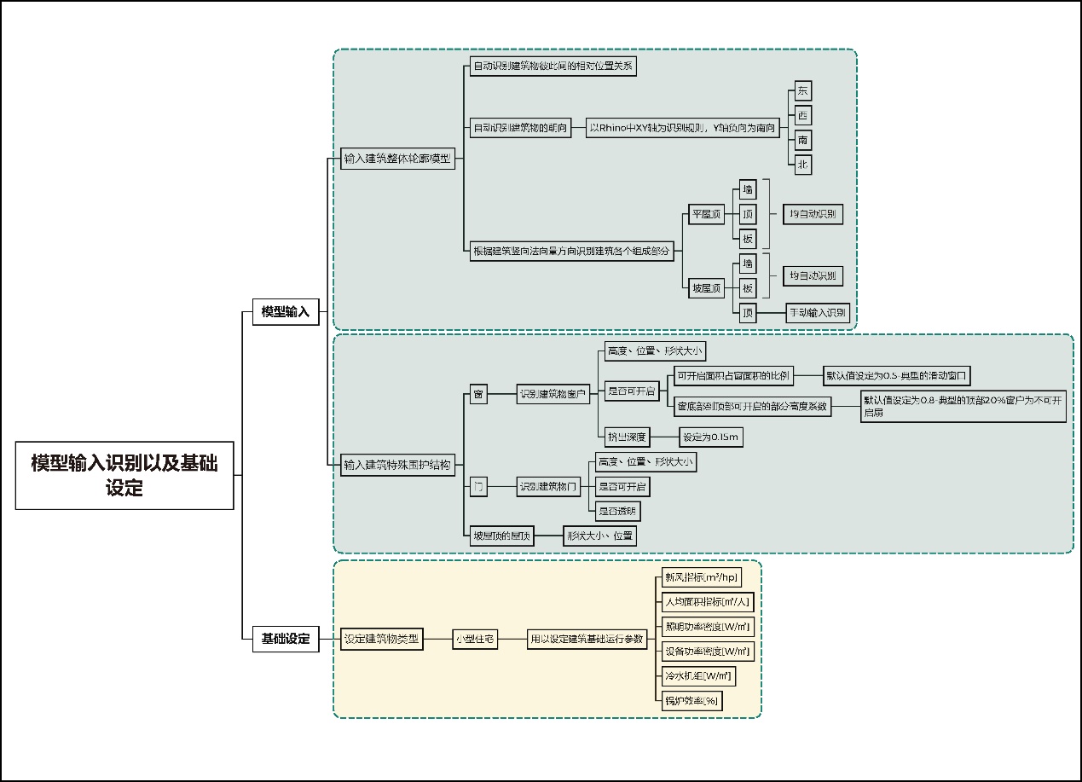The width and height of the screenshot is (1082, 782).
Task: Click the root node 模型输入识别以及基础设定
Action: pyautogui.click(x=124, y=475)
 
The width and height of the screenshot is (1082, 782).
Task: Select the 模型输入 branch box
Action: pyautogui.click(x=285, y=312)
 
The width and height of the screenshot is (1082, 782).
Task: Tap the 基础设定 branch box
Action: pyautogui.click(x=285, y=639)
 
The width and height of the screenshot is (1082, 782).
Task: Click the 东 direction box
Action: pyautogui.click(x=802, y=91)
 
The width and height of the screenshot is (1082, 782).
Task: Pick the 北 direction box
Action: pyautogui.click(x=802, y=165)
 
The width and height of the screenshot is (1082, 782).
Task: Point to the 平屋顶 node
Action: pyautogui.click(x=706, y=214)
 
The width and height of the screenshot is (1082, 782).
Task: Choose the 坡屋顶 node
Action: pyautogui.click(x=706, y=288)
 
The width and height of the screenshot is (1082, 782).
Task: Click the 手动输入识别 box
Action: pyautogui.click(x=817, y=313)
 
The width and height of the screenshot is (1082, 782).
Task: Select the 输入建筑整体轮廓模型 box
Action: pyautogui.click(x=397, y=159)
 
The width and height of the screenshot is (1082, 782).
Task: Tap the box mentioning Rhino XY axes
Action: pyautogui.click(x=683, y=129)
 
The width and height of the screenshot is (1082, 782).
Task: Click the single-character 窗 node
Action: pyautogui.click(x=478, y=394)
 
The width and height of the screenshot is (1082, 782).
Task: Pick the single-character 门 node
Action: pyautogui.click(x=478, y=488)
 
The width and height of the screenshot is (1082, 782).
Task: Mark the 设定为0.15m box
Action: pyautogui.click(x=711, y=437)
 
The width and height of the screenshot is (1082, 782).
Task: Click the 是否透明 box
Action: pyautogui.click(x=617, y=512)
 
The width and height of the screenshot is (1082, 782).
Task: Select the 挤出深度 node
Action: pyautogui.click(x=626, y=437)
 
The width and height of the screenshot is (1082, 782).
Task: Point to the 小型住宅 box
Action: pyautogui.click(x=475, y=639)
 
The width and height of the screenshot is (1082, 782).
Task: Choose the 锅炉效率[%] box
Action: pyautogui.click(x=691, y=701)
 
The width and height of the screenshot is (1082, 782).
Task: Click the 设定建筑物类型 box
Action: pyautogui.click(x=381, y=639)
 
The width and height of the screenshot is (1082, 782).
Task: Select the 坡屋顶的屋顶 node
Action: pyautogui.click(x=502, y=536)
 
